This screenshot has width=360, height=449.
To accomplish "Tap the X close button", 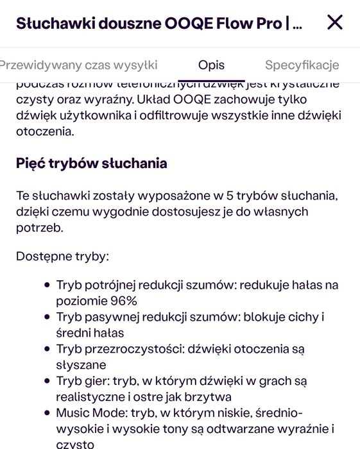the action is click(335, 23).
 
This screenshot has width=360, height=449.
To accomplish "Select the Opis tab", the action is click(211, 65).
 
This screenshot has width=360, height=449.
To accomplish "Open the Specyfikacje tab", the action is click(302, 65).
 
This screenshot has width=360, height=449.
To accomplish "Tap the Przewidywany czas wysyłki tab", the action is click(77, 65).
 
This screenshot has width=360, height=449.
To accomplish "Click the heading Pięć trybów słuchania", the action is click(91, 163).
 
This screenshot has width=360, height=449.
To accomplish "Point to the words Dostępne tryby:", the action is click(62, 257).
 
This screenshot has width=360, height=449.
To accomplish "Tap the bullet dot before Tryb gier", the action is click(47, 381).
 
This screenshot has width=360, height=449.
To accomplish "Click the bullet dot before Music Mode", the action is click(47, 413).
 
